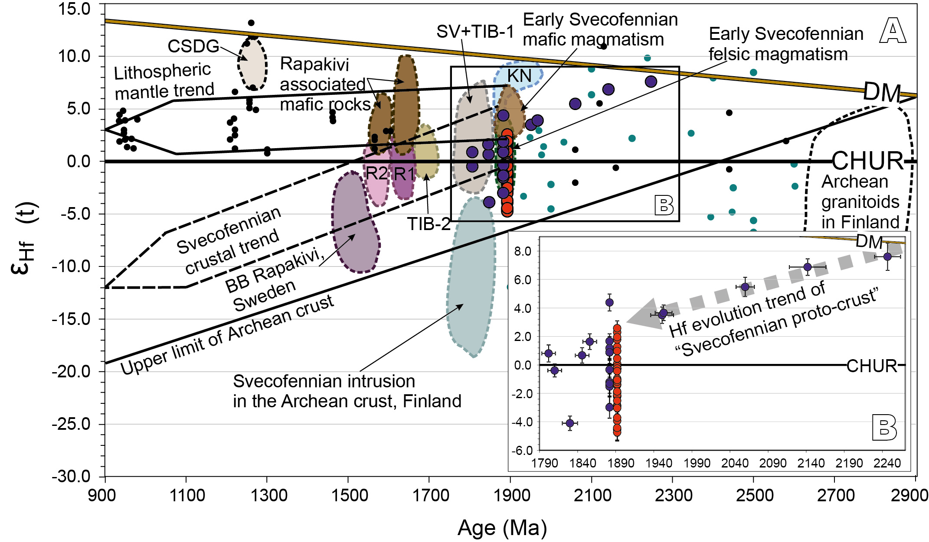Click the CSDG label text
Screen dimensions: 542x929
tap(193, 46)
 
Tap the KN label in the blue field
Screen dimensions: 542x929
tap(519, 76)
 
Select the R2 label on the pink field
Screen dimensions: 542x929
tap(376, 173)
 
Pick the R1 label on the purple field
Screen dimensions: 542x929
tap(404, 174)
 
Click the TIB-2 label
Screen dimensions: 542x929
tap(429, 224)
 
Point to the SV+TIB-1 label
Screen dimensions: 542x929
tap(475, 31)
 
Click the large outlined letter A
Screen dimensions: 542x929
tap(893, 31)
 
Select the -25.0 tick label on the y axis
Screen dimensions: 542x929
tap(71, 424)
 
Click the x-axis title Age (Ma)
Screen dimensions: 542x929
tap(502, 528)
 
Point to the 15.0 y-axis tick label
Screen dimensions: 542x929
tap(74, 9)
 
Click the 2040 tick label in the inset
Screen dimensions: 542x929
tap(735, 463)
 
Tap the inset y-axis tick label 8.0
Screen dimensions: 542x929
tap(523, 251)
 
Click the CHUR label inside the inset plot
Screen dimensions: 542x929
tap(872, 366)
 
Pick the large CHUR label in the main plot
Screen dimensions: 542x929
tap(867, 161)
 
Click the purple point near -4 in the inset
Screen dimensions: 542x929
tap(570, 423)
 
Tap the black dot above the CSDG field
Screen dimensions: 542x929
tap(251, 23)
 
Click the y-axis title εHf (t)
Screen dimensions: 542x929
tap(24, 238)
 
